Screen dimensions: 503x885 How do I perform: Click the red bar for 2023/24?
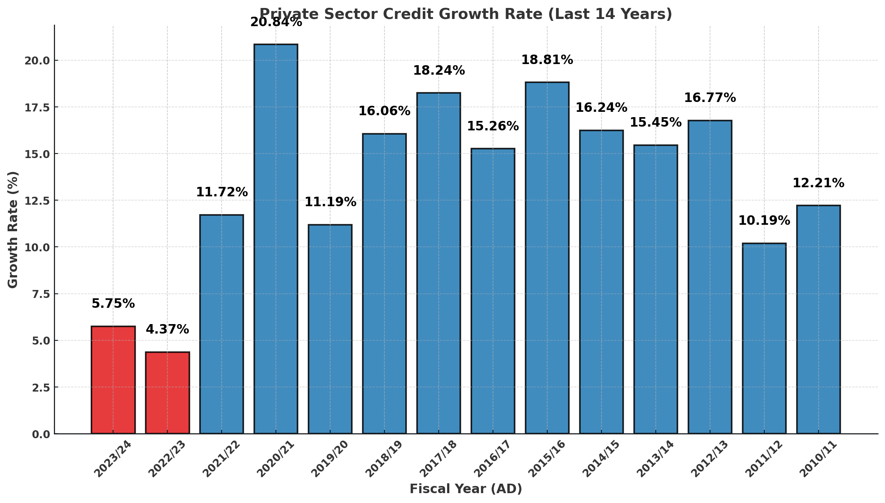coord(113,380)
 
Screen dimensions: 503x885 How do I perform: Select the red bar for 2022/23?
coord(167,393)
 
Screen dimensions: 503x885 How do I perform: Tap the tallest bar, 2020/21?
coord(276,239)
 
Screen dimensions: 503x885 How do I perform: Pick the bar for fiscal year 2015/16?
coord(547,258)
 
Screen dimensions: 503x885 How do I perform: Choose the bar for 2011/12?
coord(764,338)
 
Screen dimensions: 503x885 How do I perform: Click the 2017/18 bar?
coord(439,263)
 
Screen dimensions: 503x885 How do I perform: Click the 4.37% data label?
coord(167,329)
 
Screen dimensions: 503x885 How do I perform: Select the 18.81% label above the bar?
coord(547,60)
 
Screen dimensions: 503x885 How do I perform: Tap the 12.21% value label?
coord(819,183)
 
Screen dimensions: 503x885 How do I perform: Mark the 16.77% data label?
coord(710,98)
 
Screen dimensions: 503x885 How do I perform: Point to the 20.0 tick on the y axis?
coord(37,61)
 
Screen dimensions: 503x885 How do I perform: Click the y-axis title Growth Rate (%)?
coord(13,230)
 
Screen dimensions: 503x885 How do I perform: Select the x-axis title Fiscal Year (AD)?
coord(466,489)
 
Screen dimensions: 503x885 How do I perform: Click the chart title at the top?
coord(466,14)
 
